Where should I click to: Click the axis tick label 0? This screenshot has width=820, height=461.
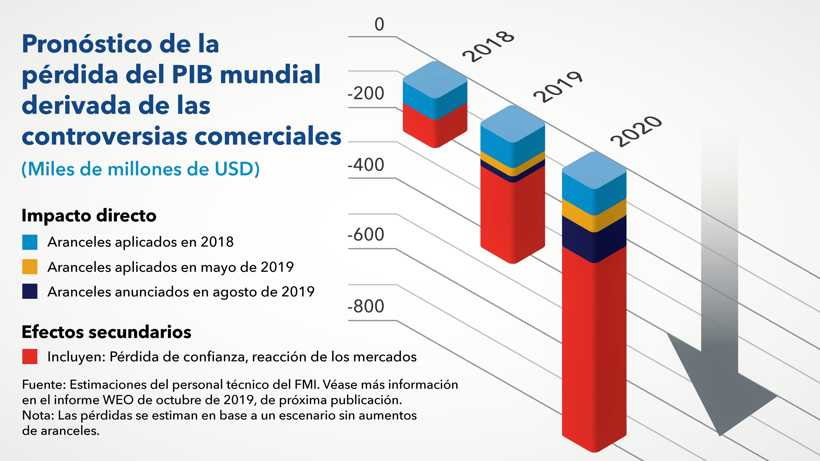click(x=379, y=25)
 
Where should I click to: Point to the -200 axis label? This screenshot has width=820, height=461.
click(x=366, y=93)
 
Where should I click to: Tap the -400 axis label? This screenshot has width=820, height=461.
click(x=366, y=165)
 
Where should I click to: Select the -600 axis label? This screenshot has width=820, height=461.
click(x=366, y=235)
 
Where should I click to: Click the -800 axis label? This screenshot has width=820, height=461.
click(x=366, y=306)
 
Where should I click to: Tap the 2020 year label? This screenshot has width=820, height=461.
click(x=636, y=131)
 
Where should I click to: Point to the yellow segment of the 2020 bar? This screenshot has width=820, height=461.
click(x=594, y=216)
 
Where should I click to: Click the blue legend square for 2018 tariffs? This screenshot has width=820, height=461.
click(x=30, y=242)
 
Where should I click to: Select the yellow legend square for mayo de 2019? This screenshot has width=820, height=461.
click(x=30, y=267)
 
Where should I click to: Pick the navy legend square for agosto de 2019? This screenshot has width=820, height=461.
click(x=30, y=291)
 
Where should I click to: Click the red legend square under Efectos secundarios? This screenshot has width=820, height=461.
click(x=30, y=357)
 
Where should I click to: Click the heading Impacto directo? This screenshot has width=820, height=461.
click(x=89, y=216)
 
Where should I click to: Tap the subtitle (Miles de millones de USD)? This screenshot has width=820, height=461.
click(x=140, y=169)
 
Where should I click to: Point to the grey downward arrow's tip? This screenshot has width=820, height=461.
click(x=720, y=434)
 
